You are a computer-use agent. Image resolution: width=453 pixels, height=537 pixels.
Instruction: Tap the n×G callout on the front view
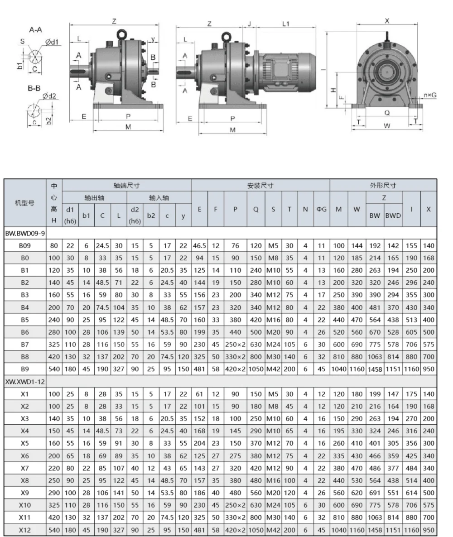tap(430, 95)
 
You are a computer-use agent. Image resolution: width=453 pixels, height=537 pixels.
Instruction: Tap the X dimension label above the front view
tap(387, 20)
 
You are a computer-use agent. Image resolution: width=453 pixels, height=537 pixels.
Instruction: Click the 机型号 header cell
tap(25, 203)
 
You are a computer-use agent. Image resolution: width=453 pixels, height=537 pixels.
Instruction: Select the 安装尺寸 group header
tap(260, 185)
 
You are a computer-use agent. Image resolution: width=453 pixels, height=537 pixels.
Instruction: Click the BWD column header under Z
tap(393, 216)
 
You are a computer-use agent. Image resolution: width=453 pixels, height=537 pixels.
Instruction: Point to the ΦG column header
tap(321, 209)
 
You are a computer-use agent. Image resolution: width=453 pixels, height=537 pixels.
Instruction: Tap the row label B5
tap(25, 319)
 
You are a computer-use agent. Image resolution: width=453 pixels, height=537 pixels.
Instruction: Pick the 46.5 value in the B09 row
tap(199, 246)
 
